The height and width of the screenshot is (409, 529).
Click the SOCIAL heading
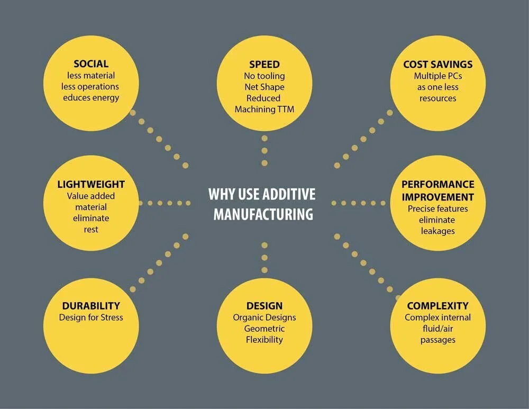[91, 64]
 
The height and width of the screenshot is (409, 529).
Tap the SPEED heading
[264, 64]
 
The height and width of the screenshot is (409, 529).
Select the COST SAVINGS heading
[437, 64]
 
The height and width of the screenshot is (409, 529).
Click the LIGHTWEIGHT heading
[91, 185]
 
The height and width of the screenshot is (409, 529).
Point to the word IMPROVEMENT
[437, 197]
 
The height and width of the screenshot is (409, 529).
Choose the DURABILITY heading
[91, 306]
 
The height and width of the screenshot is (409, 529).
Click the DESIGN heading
[264, 306]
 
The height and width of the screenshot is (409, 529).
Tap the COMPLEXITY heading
[437, 306]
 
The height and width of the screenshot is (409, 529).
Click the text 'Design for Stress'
[91, 317]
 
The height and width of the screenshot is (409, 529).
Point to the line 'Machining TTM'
[264, 109]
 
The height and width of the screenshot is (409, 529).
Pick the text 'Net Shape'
[264, 87]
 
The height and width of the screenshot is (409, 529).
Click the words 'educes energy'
[91, 97]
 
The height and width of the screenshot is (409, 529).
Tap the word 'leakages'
[437, 231]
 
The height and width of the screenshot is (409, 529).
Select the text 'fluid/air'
[437, 329]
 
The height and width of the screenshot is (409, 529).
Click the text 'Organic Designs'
[264, 317]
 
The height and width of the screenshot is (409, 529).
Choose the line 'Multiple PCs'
[437, 76]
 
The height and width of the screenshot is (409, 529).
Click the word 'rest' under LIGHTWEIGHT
[91, 229]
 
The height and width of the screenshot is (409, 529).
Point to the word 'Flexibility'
[264, 340]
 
